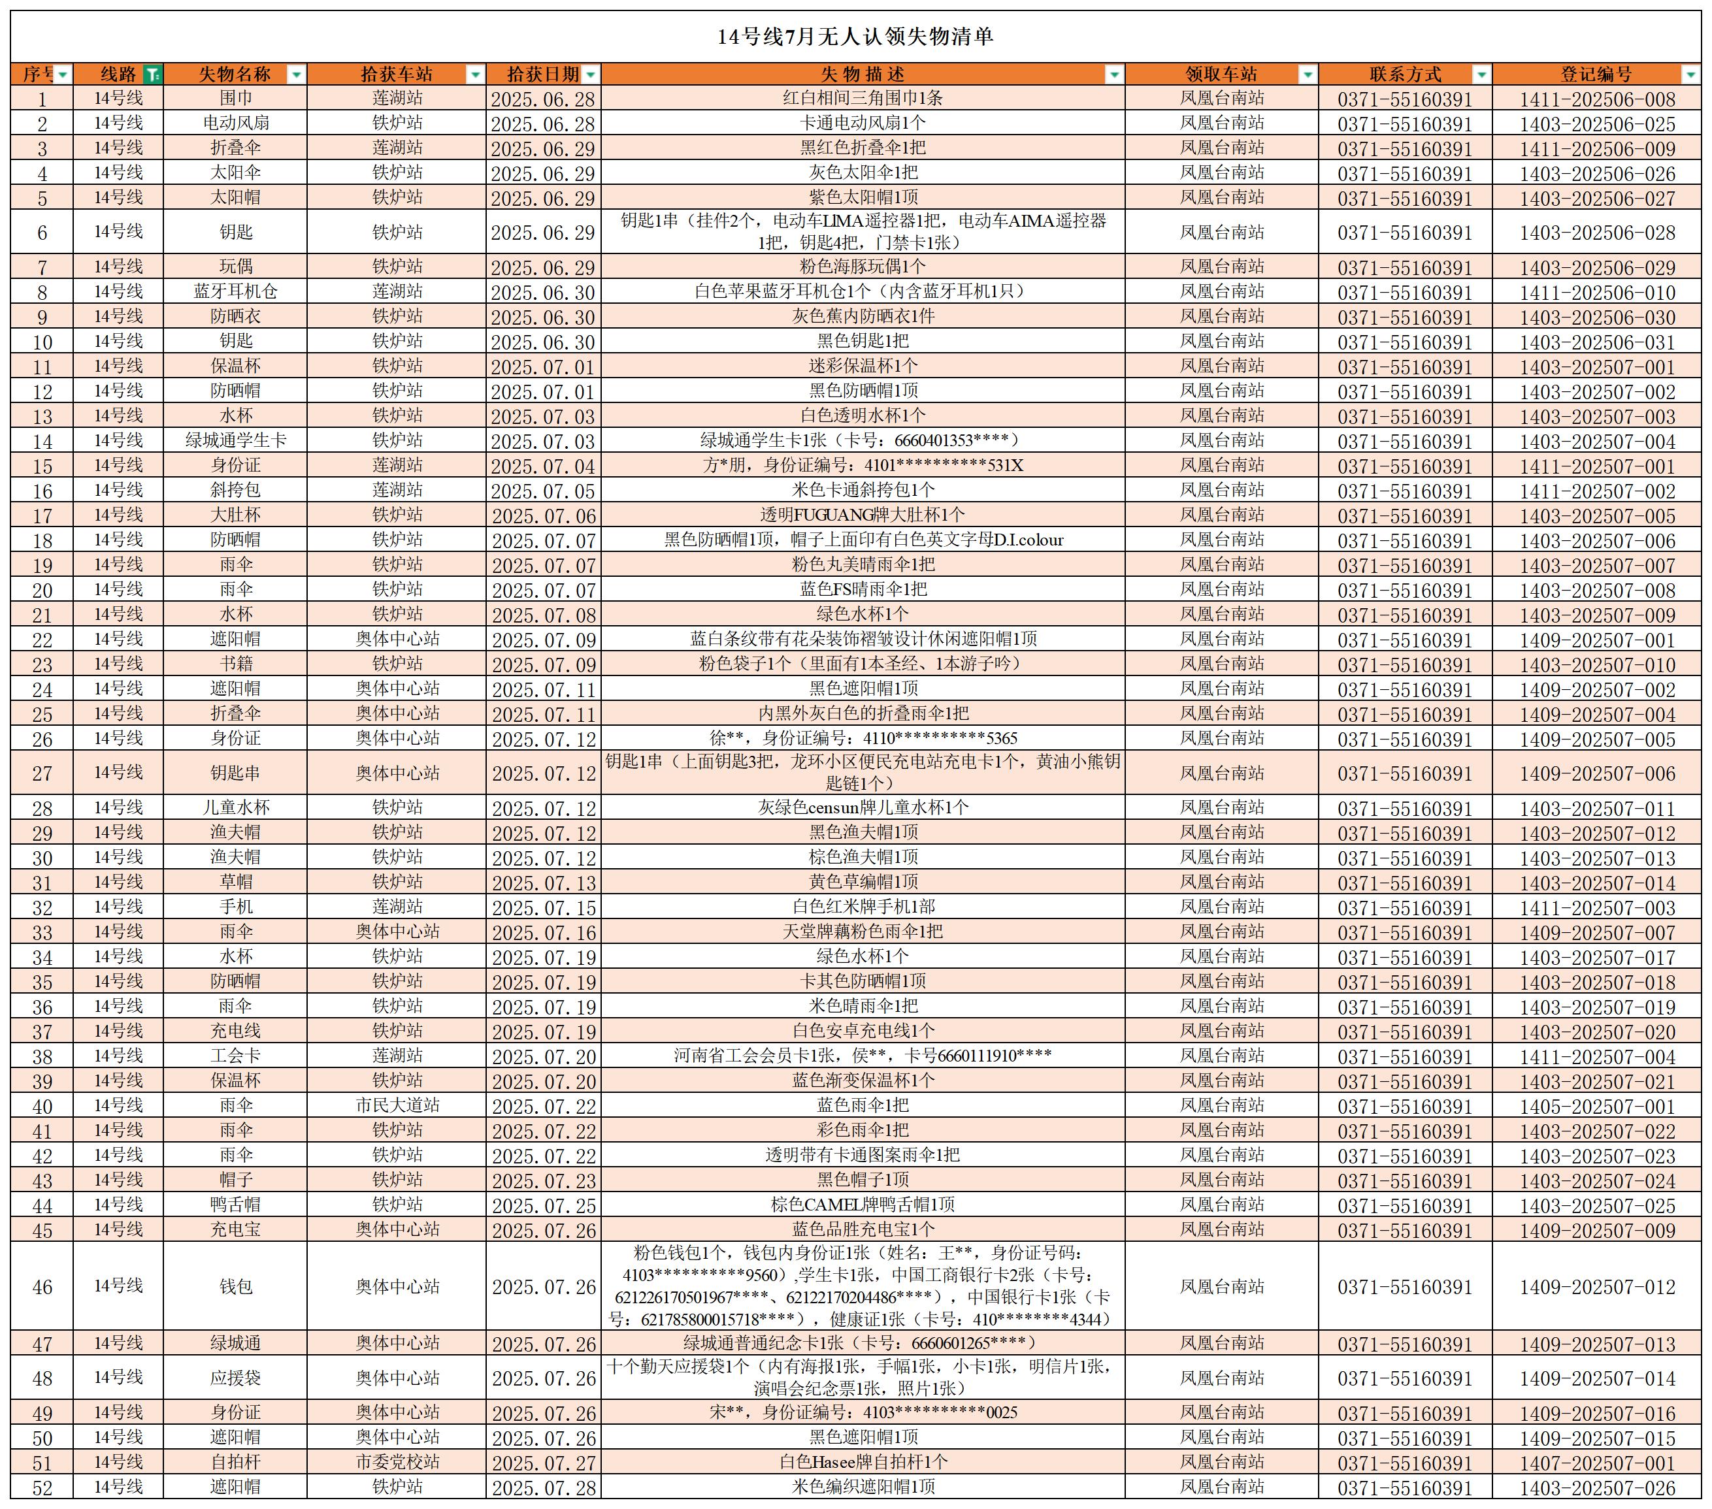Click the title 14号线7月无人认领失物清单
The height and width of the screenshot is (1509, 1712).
855,37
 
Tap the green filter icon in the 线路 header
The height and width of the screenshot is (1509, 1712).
152,74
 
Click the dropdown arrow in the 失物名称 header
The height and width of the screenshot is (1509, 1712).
295,74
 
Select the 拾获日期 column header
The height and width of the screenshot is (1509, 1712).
543,74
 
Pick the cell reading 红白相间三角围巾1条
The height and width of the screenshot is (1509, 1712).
862,98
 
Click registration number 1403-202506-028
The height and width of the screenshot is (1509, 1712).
1597,233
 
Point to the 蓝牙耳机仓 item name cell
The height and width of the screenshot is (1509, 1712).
235,291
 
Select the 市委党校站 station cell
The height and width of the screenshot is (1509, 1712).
397,1462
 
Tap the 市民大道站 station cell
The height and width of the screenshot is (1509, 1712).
397,1105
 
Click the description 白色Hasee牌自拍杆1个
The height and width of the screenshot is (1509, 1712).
863,1462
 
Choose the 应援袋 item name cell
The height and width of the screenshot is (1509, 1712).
235,1378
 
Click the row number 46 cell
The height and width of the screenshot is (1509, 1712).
42,1287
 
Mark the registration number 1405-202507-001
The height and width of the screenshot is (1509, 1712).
1597,1106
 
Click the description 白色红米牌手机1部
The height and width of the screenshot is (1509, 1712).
863,907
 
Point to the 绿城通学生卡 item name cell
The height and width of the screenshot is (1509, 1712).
235,440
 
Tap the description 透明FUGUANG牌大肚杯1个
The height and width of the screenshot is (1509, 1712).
862,515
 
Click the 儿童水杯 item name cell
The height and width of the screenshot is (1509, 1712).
235,808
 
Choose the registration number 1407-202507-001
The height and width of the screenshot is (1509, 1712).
1597,1463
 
